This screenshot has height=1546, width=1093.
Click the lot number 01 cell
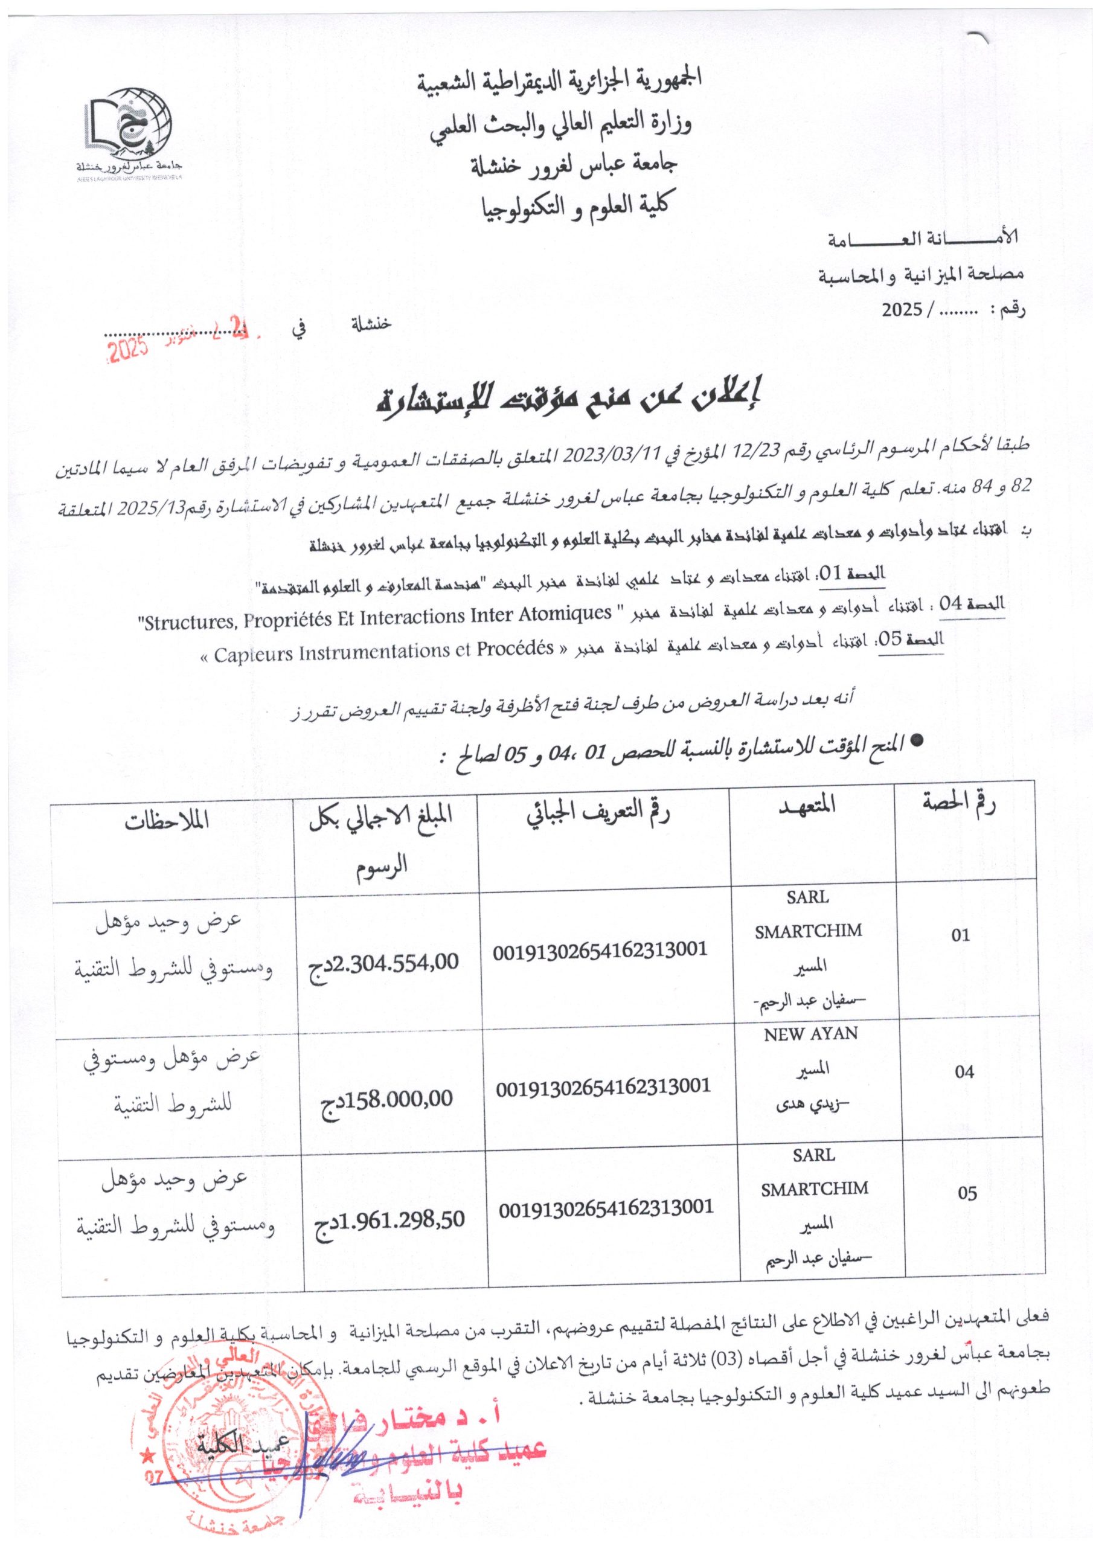click(961, 935)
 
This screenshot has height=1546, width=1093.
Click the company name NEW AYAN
click(811, 1034)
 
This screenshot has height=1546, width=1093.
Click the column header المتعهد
click(811, 806)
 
